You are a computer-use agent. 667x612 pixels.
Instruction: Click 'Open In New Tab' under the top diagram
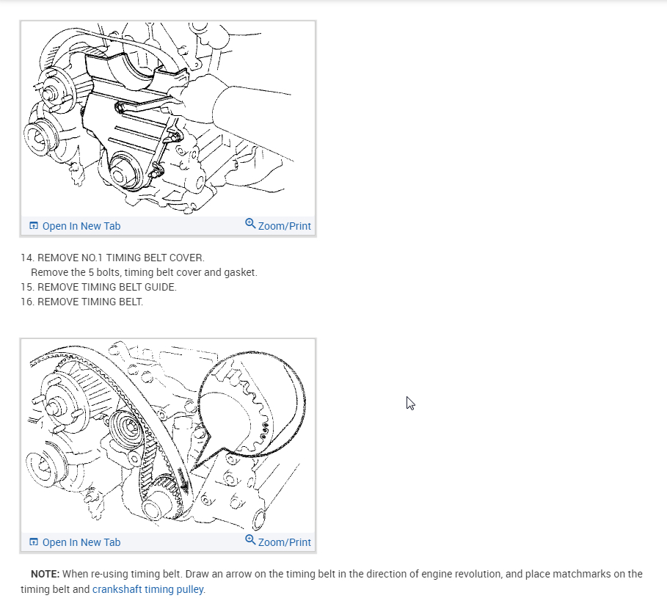coord(81,226)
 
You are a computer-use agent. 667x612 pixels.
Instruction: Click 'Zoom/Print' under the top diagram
coord(284,226)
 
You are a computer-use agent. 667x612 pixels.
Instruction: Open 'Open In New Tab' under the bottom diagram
coord(81,542)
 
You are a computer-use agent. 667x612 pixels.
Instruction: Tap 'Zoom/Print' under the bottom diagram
coord(284,542)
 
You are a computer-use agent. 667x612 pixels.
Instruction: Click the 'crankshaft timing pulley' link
coord(148,589)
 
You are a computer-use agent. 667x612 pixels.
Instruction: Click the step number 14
coord(26,258)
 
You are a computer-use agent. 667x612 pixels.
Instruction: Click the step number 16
coord(26,302)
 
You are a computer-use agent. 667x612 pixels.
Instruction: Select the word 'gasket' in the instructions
coord(241,272)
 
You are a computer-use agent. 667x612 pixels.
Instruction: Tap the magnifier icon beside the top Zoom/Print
coord(250,224)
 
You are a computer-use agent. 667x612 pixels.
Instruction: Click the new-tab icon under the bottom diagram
coord(33,542)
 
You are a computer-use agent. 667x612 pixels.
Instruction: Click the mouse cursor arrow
coord(410,403)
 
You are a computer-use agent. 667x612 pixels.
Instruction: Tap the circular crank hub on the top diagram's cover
coord(123,174)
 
